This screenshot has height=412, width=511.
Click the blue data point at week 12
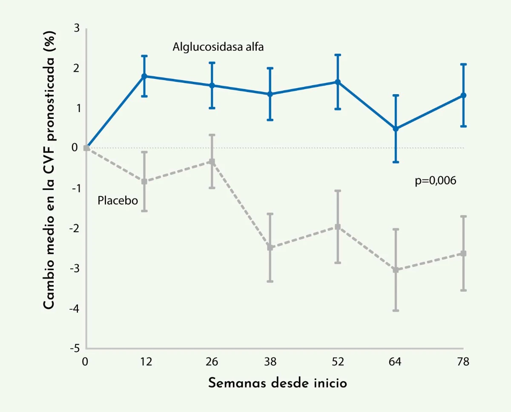(x=144, y=76)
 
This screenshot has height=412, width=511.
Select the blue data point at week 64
(x=396, y=129)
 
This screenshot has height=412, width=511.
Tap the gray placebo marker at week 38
(x=270, y=248)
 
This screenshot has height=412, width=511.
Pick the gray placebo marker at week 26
(x=212, y=161)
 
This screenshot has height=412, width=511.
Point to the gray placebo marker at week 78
(x=463, y=254)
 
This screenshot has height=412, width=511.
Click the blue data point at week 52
(x=338, y=82)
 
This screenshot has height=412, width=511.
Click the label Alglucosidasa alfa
(x=218, y=47)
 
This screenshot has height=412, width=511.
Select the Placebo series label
(x=118, y=200)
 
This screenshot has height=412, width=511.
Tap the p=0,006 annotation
(x=436, y=181)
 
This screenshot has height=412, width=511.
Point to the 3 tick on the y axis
(x=77, y=29)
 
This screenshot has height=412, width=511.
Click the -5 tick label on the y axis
(x=75, y=349)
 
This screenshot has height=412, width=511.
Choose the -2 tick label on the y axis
(x=75, y=228)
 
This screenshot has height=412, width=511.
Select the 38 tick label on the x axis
(x=270, y=362)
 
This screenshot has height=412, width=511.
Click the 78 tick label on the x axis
(x=463, y=362)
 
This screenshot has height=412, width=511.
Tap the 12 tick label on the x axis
(x=146, y=362)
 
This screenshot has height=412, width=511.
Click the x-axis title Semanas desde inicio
(x=278, y=383)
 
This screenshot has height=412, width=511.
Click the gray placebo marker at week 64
(x=396, y=270)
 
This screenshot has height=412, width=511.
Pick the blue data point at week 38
(x=270, y=94)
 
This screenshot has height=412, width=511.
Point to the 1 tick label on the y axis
(x=77, y=108)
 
